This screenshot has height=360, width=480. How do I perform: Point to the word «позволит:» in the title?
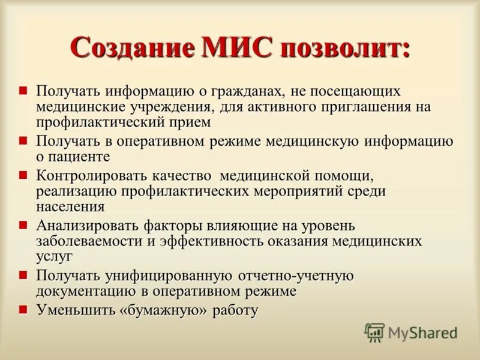click(342, 47)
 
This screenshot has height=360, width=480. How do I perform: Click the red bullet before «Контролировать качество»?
click(23, 175)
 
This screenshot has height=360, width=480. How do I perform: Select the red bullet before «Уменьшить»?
click(23, 310)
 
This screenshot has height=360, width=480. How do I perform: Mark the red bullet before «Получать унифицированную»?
click(23, 275)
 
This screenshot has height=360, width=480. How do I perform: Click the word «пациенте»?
click(80, 157)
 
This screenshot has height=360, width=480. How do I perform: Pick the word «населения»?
click(70, 207)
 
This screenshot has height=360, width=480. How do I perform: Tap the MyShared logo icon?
click(374, 332)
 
